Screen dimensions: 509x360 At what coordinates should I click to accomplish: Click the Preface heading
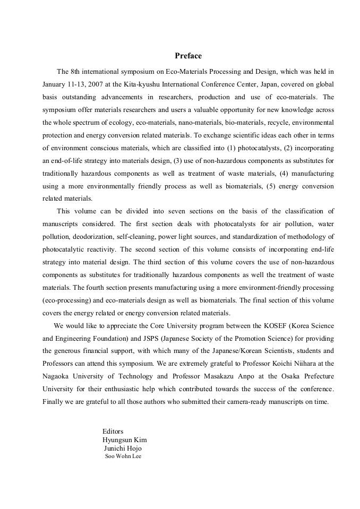pos(188,56)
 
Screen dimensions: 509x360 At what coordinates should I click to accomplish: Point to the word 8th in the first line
pos(76,71)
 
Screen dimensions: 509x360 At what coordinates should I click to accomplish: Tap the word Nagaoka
pos(57,376)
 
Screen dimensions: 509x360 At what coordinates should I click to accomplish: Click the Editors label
pos(113,432)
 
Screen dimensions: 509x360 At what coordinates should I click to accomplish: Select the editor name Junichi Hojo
pos(123,448)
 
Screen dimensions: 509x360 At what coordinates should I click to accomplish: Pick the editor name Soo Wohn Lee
pos(123,456)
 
